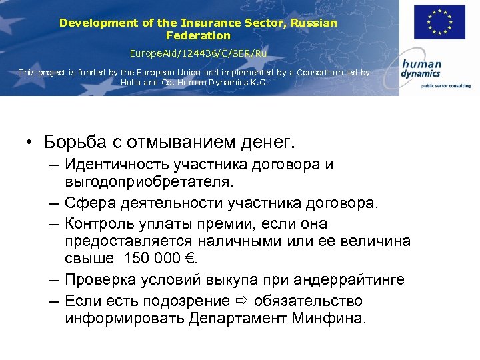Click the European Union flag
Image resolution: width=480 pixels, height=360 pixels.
(x=439, y=22)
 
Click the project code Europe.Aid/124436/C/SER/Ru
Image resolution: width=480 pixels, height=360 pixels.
(x=198, y=53)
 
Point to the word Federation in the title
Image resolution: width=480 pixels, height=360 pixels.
(x=198, y=35)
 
